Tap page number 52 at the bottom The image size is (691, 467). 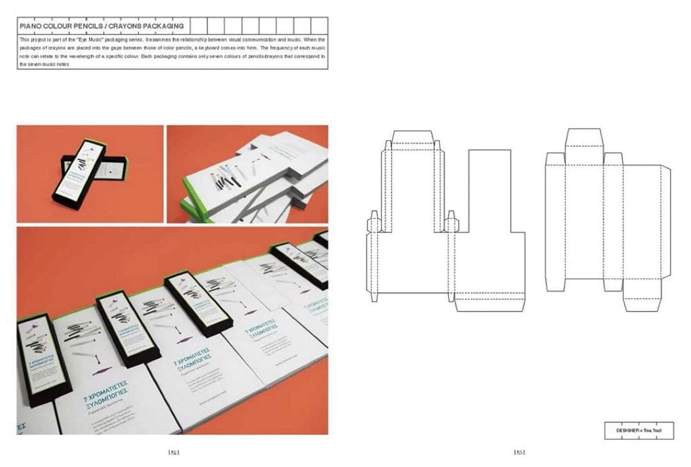tap(173, 453)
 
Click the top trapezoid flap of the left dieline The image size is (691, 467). tap(413, 138)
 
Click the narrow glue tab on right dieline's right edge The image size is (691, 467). tap(665, 221)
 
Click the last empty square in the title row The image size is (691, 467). tap(319, 26)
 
